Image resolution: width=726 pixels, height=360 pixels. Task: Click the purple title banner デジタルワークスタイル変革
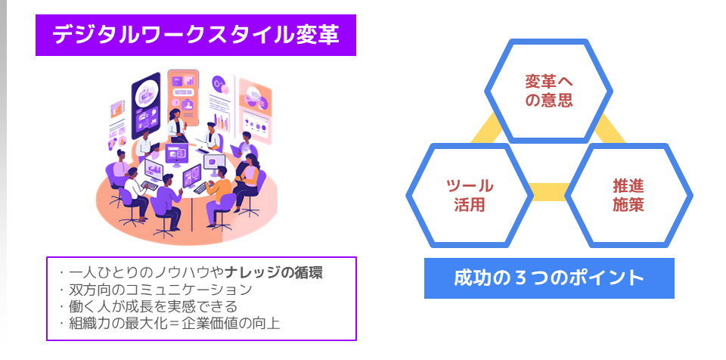(195, 36)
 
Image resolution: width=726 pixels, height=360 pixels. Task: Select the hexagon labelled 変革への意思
(549, 92)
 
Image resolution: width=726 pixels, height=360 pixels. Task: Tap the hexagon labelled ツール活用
(470, 195)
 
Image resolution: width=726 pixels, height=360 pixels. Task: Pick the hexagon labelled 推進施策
(628, 195)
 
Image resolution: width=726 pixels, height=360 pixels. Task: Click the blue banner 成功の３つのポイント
(549, 278)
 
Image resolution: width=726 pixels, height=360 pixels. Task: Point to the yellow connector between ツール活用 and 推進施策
(549, 192)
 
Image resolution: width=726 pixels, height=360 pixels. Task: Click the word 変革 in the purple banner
(317, 36)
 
